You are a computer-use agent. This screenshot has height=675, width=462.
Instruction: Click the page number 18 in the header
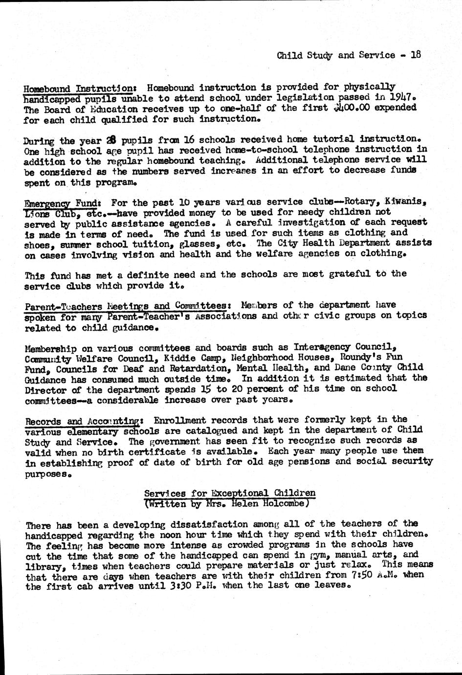[416, 55]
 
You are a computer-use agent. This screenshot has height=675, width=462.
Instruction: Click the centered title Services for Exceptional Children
[230, 493]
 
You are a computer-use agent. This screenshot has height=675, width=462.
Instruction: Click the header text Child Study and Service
[336, 55]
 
